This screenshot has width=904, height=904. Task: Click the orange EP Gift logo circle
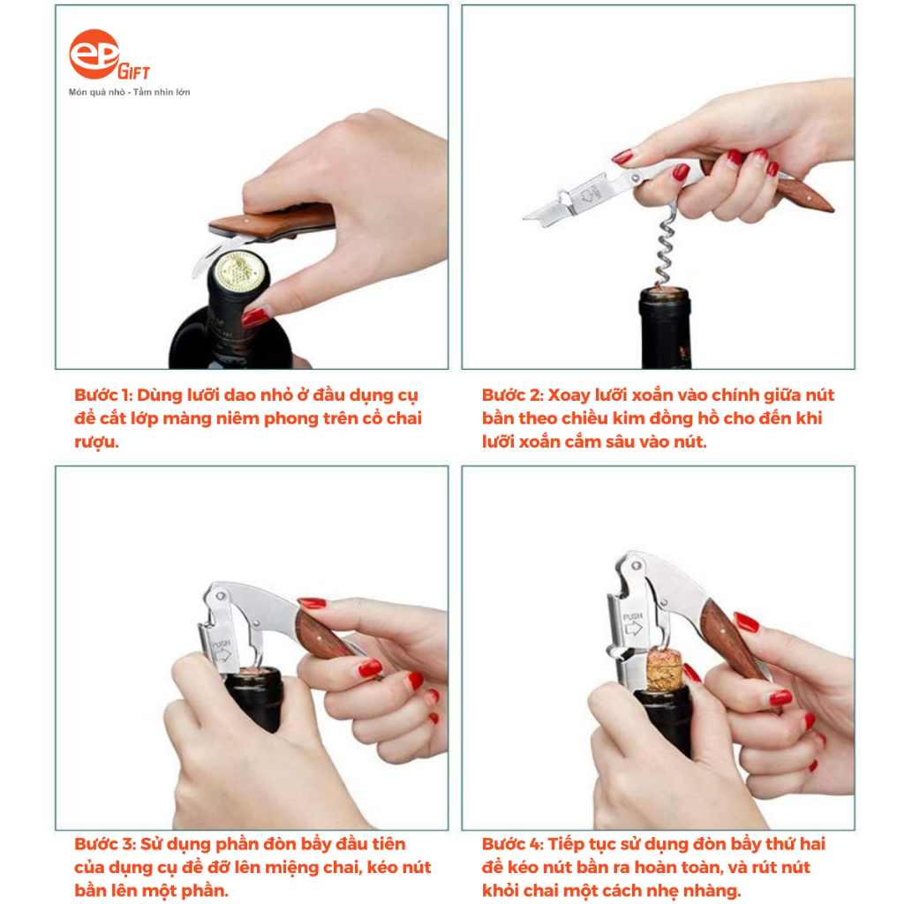(94, 54)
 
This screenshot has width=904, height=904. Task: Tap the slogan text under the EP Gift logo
(129, 92)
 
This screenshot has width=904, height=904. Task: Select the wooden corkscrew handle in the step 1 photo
(272, 222)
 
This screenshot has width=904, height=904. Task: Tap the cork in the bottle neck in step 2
(664, 290)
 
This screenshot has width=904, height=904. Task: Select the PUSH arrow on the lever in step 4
(633, 628)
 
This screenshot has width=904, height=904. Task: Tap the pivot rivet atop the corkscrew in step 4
(636, 566)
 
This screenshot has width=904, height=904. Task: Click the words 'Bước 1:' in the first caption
(103, 395)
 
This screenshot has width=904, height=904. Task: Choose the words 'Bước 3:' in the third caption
(105, 845)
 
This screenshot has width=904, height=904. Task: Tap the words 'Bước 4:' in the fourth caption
(513, 845)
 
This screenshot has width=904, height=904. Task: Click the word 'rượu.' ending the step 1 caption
(96, 443)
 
